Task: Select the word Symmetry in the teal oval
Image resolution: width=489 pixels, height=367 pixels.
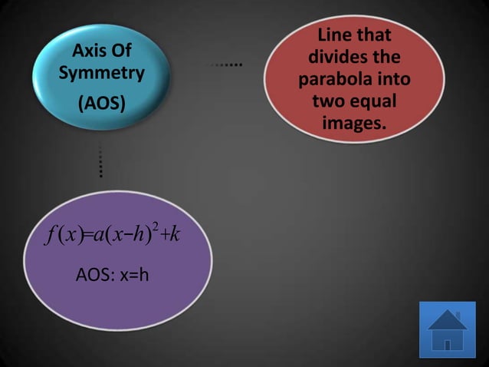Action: pos(101,74)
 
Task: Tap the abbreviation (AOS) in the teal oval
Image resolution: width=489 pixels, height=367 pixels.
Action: pos(101,103)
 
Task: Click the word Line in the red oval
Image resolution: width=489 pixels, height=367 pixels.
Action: pos(336,35)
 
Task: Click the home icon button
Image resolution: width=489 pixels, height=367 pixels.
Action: pos(448,330)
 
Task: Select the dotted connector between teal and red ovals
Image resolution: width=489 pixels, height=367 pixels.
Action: pos(228,64)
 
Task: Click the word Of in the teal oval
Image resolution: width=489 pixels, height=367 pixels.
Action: pos(121,51)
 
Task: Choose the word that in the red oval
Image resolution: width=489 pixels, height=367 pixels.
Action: pos(374,35)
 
